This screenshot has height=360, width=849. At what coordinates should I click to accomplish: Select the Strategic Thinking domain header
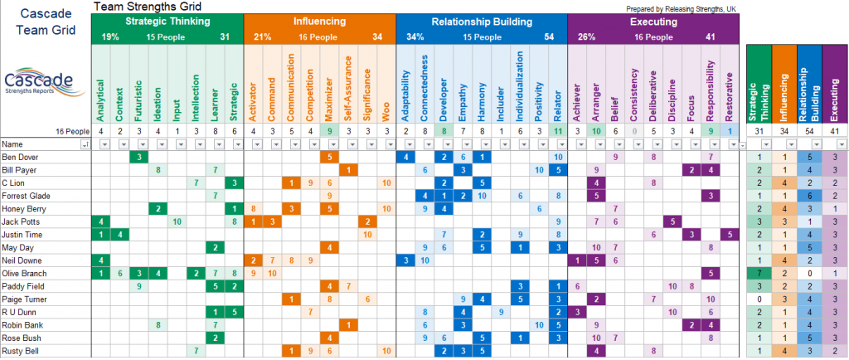pyautogui.click(x=167, y=21)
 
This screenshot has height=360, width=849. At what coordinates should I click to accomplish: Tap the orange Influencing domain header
pyautogui.click(x=319, y=21)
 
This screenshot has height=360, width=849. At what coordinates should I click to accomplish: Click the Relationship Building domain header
pyautogui.click(x=481, y=21)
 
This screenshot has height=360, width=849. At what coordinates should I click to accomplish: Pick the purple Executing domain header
pyautogui.click(x=653, y=21)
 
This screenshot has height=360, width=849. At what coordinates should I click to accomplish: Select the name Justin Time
pyautogui.click(x=24, y=235)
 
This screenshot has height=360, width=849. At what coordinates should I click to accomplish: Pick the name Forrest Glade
pyautogui.click(x=27, y=196)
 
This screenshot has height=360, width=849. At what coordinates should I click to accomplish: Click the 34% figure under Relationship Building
pyautogui.click(x=415, y=37)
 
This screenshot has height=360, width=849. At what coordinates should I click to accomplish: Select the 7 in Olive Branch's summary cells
pyautogui.click(x=759, y=273)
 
